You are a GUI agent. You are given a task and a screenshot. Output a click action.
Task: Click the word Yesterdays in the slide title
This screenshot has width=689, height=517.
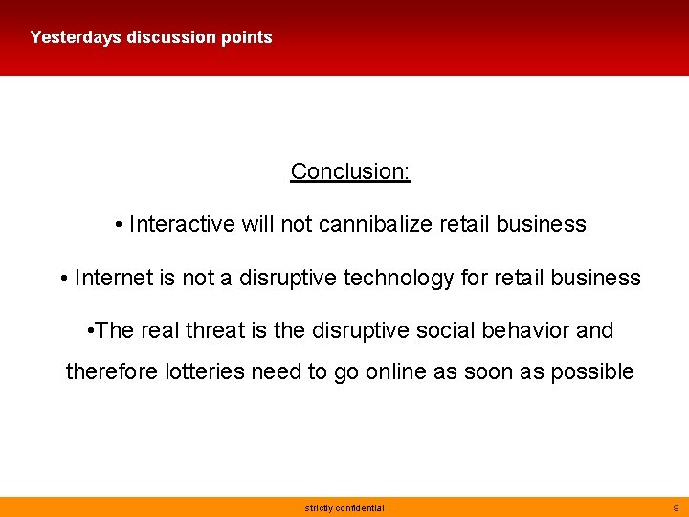click(76, 37)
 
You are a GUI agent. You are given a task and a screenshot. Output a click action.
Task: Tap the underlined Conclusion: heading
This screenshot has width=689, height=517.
click(350, 171)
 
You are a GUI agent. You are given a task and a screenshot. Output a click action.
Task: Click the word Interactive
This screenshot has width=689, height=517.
click(182, 224)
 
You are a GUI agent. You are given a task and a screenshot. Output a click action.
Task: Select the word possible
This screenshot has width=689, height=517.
click(592, 371)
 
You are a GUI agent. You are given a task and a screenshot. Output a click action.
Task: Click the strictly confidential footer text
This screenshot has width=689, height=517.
click(344, 507)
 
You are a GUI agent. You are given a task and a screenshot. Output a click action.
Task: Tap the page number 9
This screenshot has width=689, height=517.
click(676, 507)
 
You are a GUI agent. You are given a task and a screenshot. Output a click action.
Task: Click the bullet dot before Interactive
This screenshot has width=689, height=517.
click(118, 225)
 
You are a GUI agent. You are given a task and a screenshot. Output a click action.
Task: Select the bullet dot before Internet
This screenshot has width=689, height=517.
click(63, 279)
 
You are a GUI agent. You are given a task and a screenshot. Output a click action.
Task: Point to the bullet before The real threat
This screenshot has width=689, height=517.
click(88, 331)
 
